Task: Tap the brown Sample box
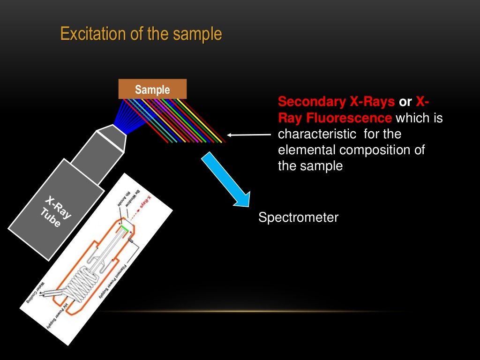coord(152,89)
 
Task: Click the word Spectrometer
coord(298,217)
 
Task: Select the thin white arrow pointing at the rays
coord(249,135)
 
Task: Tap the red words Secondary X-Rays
coord(337,102)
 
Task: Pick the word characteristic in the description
coord(317,134)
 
